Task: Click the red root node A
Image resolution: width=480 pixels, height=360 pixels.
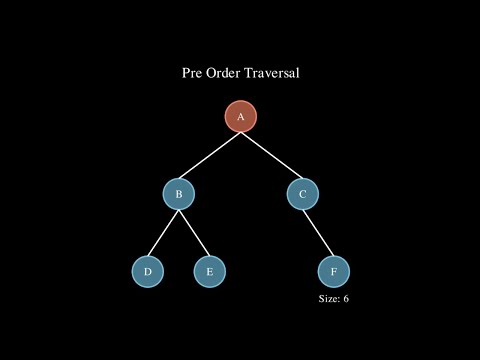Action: click(240, 116)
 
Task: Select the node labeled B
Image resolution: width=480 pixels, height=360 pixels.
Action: click(178, 193)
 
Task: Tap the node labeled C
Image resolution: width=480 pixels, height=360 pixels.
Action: click(302, 193)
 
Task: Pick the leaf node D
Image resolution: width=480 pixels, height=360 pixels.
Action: click(147, 271)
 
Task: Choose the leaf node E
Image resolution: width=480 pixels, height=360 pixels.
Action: click(209, 271)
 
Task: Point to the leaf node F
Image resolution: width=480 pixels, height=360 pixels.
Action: click(333, 271)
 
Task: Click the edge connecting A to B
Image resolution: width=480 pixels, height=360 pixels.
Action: click(209, 155)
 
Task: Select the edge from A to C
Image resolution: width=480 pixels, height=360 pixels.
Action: click(271, 155)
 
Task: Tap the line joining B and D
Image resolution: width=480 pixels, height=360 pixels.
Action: click(163, 232)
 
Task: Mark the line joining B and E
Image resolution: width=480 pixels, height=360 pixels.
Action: click(193, 232)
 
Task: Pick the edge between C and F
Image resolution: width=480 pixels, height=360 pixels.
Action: click(318, 232)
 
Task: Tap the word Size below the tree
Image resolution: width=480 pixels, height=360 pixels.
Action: click(328, 299)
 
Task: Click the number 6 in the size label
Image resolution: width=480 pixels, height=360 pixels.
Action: click(346, 299)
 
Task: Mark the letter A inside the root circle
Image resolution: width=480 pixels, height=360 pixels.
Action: click(240, 116)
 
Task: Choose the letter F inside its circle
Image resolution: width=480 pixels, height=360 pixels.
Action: click(333, 271)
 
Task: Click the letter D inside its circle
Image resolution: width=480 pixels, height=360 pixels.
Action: click(147, 271)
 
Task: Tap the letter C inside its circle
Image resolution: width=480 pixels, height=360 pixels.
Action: click(302, 193)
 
